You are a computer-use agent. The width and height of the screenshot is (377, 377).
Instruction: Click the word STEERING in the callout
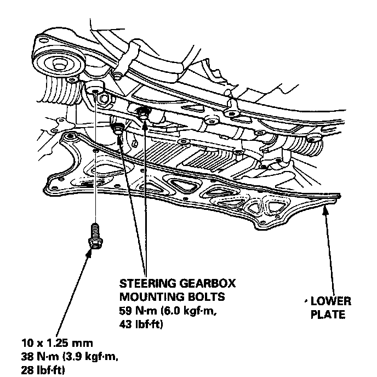[x=143, y=283]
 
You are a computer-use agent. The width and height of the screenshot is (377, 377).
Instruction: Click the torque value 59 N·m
[x=137, y=311]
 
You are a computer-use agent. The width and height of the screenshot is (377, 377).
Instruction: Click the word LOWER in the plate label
[x=331, y=302]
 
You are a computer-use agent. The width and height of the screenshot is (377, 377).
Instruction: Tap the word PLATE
[x=327, y=315]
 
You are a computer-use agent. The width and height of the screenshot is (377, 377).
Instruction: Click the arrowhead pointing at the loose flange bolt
[x=90, y=254]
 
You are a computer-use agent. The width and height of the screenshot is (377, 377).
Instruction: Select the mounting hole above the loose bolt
[x=95, y=89]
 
